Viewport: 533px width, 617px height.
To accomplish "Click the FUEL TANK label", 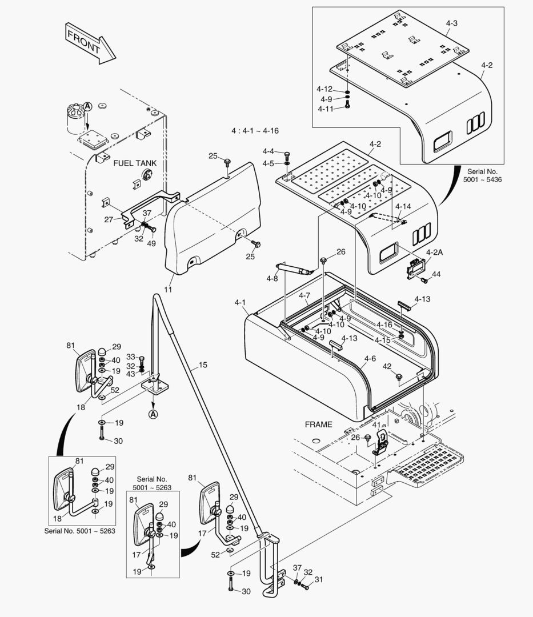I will coord(135,163).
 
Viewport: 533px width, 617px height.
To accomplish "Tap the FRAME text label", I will coord(318,425).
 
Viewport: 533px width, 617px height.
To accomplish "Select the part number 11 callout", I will coord(168,290).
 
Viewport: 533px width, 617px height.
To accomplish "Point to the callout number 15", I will coord(203,364).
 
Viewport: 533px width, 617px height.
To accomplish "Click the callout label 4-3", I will coord(451,23).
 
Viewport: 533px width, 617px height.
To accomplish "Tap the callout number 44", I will coord(436,275).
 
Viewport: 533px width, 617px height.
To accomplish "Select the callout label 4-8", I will coord(272,279).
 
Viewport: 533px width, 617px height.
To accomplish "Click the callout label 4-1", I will coord(240,302).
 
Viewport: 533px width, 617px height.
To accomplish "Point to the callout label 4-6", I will coord(370,359).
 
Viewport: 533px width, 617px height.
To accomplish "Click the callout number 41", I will coord(376,424).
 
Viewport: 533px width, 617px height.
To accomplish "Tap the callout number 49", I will coord(151,244).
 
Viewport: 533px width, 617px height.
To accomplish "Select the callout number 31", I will coord(319,580).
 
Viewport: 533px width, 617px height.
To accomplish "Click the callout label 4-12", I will coord(324,89).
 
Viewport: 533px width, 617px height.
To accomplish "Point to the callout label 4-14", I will coord(403,206).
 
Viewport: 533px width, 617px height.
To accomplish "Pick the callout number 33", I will coord(130,357).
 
